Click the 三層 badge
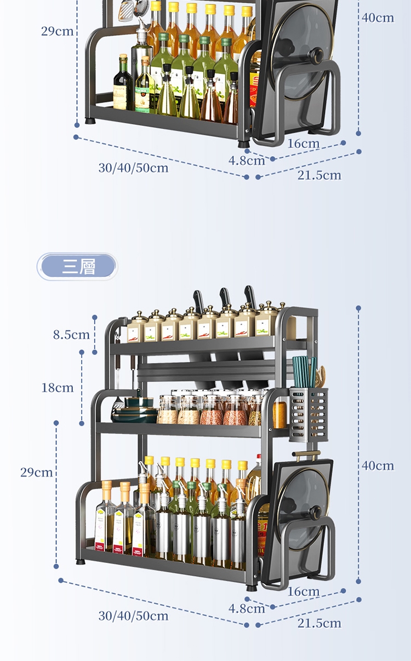click(77, 267)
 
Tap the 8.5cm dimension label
click(71, 334)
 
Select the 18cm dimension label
click(57, 388)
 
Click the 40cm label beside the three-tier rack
click(378, 465)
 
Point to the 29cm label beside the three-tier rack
click(37, 472)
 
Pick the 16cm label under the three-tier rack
click(303, 591)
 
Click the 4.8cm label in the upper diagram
click(247, 160)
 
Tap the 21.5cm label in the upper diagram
click(319, 175)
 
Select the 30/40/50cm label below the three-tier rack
click(133, 616)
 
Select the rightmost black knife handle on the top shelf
click(250, 294)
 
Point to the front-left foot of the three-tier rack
click(81, 562)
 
